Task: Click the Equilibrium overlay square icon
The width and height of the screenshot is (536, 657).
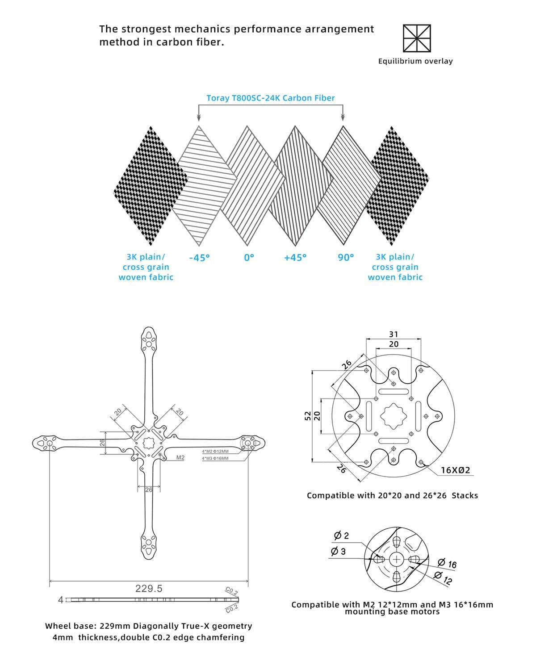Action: point(417,38)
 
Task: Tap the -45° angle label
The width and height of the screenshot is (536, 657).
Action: point(199,258)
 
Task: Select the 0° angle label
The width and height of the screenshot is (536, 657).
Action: point(249,258)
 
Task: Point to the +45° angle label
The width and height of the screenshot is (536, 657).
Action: point(295,258)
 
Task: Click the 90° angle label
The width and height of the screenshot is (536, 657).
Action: point(346,258)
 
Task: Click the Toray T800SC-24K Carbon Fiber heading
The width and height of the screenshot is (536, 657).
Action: point(270,98)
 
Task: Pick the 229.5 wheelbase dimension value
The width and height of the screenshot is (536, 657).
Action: point(149,589)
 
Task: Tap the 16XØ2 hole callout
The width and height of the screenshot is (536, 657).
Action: point(455,470)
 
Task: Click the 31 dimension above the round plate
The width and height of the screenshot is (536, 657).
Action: point(394,334)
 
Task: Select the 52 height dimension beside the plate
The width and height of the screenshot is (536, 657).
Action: point(308,416)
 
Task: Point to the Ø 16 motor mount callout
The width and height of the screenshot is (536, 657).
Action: point(447,564)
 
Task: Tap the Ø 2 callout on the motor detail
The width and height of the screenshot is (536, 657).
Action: point(341,536)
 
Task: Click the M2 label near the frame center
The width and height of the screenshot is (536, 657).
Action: point(180,458)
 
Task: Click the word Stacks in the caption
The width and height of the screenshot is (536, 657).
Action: point(465,495)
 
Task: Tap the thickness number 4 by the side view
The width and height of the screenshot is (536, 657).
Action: point(61,600)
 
